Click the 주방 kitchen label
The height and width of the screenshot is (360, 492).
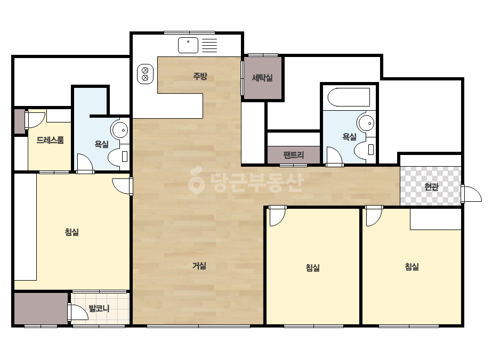(x=200, y=76)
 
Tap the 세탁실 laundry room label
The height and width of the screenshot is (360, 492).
(x=262, y=77)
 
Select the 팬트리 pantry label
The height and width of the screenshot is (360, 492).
(x=294, y=155)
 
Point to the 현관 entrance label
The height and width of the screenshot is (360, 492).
(x=431, y=187)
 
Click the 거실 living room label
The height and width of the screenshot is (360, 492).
(x=199, y=266)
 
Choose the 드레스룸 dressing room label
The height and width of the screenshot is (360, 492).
(x=50, y=140)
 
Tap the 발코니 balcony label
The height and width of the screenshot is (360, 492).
(x=99, y=308)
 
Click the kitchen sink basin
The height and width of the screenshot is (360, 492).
(x=188, y=45)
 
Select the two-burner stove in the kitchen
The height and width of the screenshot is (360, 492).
(x=146, y=74)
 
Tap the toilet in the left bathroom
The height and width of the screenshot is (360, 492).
(x=119, y=156)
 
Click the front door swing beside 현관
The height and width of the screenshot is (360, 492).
(x=472, y=194)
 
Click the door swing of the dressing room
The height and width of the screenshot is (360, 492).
(x=35, y=119)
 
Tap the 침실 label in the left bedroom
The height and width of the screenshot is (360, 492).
(x=72, y=232)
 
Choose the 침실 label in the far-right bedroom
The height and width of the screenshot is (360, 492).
(x=412, y=267)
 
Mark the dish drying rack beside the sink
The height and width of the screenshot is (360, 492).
(x=209, y=45)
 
